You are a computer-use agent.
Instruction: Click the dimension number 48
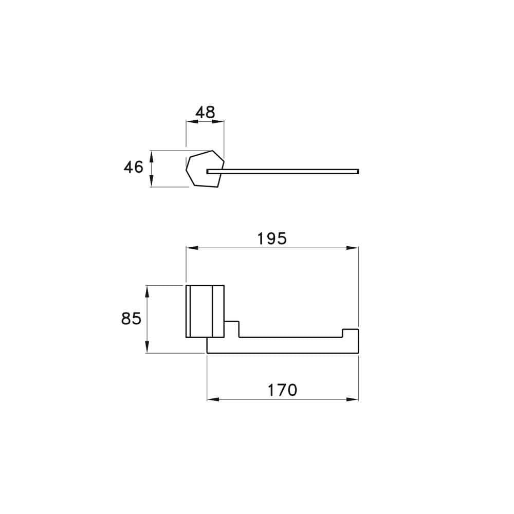coord(205,112)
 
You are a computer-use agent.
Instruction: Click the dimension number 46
coord(134,167)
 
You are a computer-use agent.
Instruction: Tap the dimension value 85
coord(131,319)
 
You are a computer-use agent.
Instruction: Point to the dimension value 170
coord(282,390)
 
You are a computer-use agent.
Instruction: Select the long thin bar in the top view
coord(288,171)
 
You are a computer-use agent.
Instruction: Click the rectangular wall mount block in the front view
coord(205,311)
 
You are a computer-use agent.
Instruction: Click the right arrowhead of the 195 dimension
coord(353,248)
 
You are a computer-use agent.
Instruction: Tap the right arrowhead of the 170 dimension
coord(353,399)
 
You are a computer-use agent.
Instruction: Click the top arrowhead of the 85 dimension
coord(148,290)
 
